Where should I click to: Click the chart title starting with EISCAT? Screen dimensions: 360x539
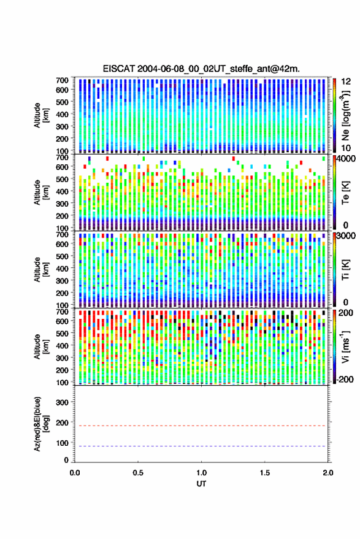[201, 69]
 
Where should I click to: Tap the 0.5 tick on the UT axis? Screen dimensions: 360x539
[138, 473]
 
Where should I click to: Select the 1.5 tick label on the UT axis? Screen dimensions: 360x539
[265, 473]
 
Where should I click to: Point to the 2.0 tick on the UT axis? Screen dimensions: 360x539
[328, 473]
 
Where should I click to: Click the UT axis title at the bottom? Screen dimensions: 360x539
[201, 484]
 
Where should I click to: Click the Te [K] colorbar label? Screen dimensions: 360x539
[345, 193]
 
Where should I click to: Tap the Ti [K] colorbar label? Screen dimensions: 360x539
[345, 270]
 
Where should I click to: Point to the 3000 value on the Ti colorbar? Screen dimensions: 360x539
[346, 237]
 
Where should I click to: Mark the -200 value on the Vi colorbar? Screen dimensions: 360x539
[345, 380]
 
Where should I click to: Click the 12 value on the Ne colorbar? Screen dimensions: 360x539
[347, 82]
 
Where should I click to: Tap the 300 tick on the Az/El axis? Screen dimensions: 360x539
[62, 402]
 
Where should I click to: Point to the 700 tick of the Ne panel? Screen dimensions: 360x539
[62, 80]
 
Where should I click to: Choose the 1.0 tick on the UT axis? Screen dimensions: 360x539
[202, 473]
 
